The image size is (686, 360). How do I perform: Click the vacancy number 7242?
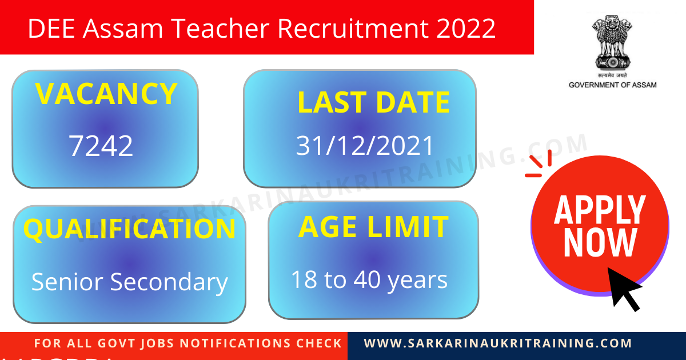[101, 146]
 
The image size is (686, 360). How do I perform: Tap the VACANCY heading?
[106, 94]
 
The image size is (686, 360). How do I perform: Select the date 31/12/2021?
[365, 146]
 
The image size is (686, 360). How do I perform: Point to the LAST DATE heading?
[373, 103]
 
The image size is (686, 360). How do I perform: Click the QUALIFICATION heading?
[129, 229]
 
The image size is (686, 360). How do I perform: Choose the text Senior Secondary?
[129, 282]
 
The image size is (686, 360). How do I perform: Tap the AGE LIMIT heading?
[373, 227]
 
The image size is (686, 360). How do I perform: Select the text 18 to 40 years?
[369, 280]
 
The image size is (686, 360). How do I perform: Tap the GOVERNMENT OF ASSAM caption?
[612, 85]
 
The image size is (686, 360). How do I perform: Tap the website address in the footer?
[498, 343]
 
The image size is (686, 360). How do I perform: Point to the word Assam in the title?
[115, 28]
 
